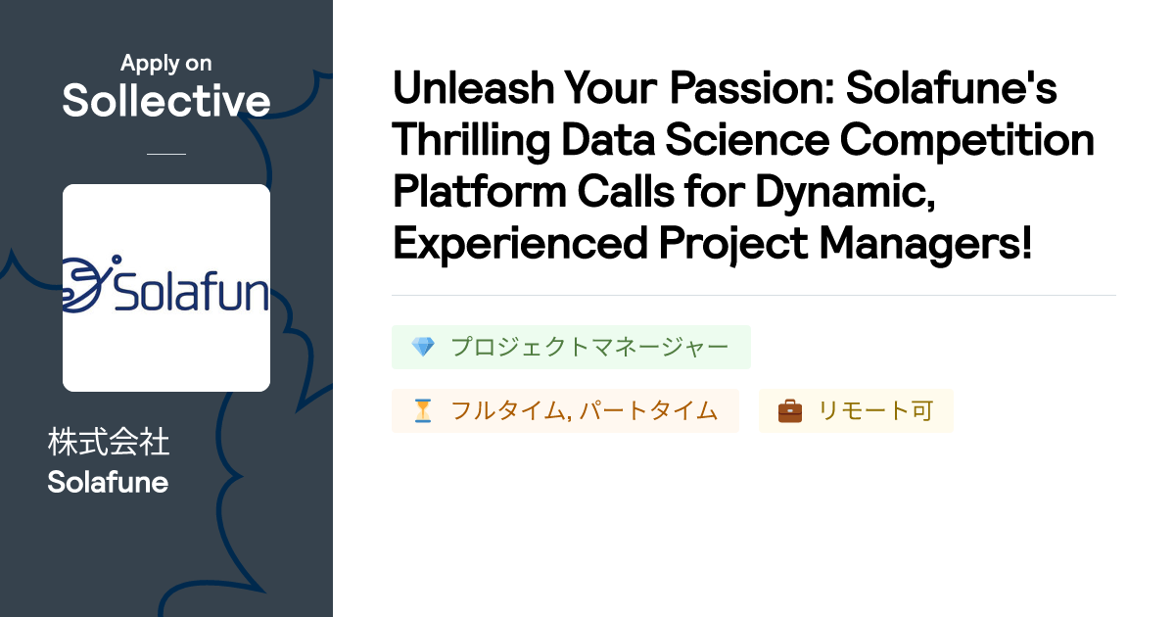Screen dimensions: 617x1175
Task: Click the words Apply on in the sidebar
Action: coord(165,64)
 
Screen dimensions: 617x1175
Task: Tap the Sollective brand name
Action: coord(165,101)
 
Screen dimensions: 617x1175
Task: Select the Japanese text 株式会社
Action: coord(108,443)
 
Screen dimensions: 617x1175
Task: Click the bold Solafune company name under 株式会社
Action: coord(108,482)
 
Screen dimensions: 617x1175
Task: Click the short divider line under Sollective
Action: coord(165,154)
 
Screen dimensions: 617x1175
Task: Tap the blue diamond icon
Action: coord(422,348)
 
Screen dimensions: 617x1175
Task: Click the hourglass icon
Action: coord(422,411)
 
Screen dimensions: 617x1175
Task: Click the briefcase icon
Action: coord(789,411)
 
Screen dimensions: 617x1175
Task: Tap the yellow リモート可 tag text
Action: coord(875,411)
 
